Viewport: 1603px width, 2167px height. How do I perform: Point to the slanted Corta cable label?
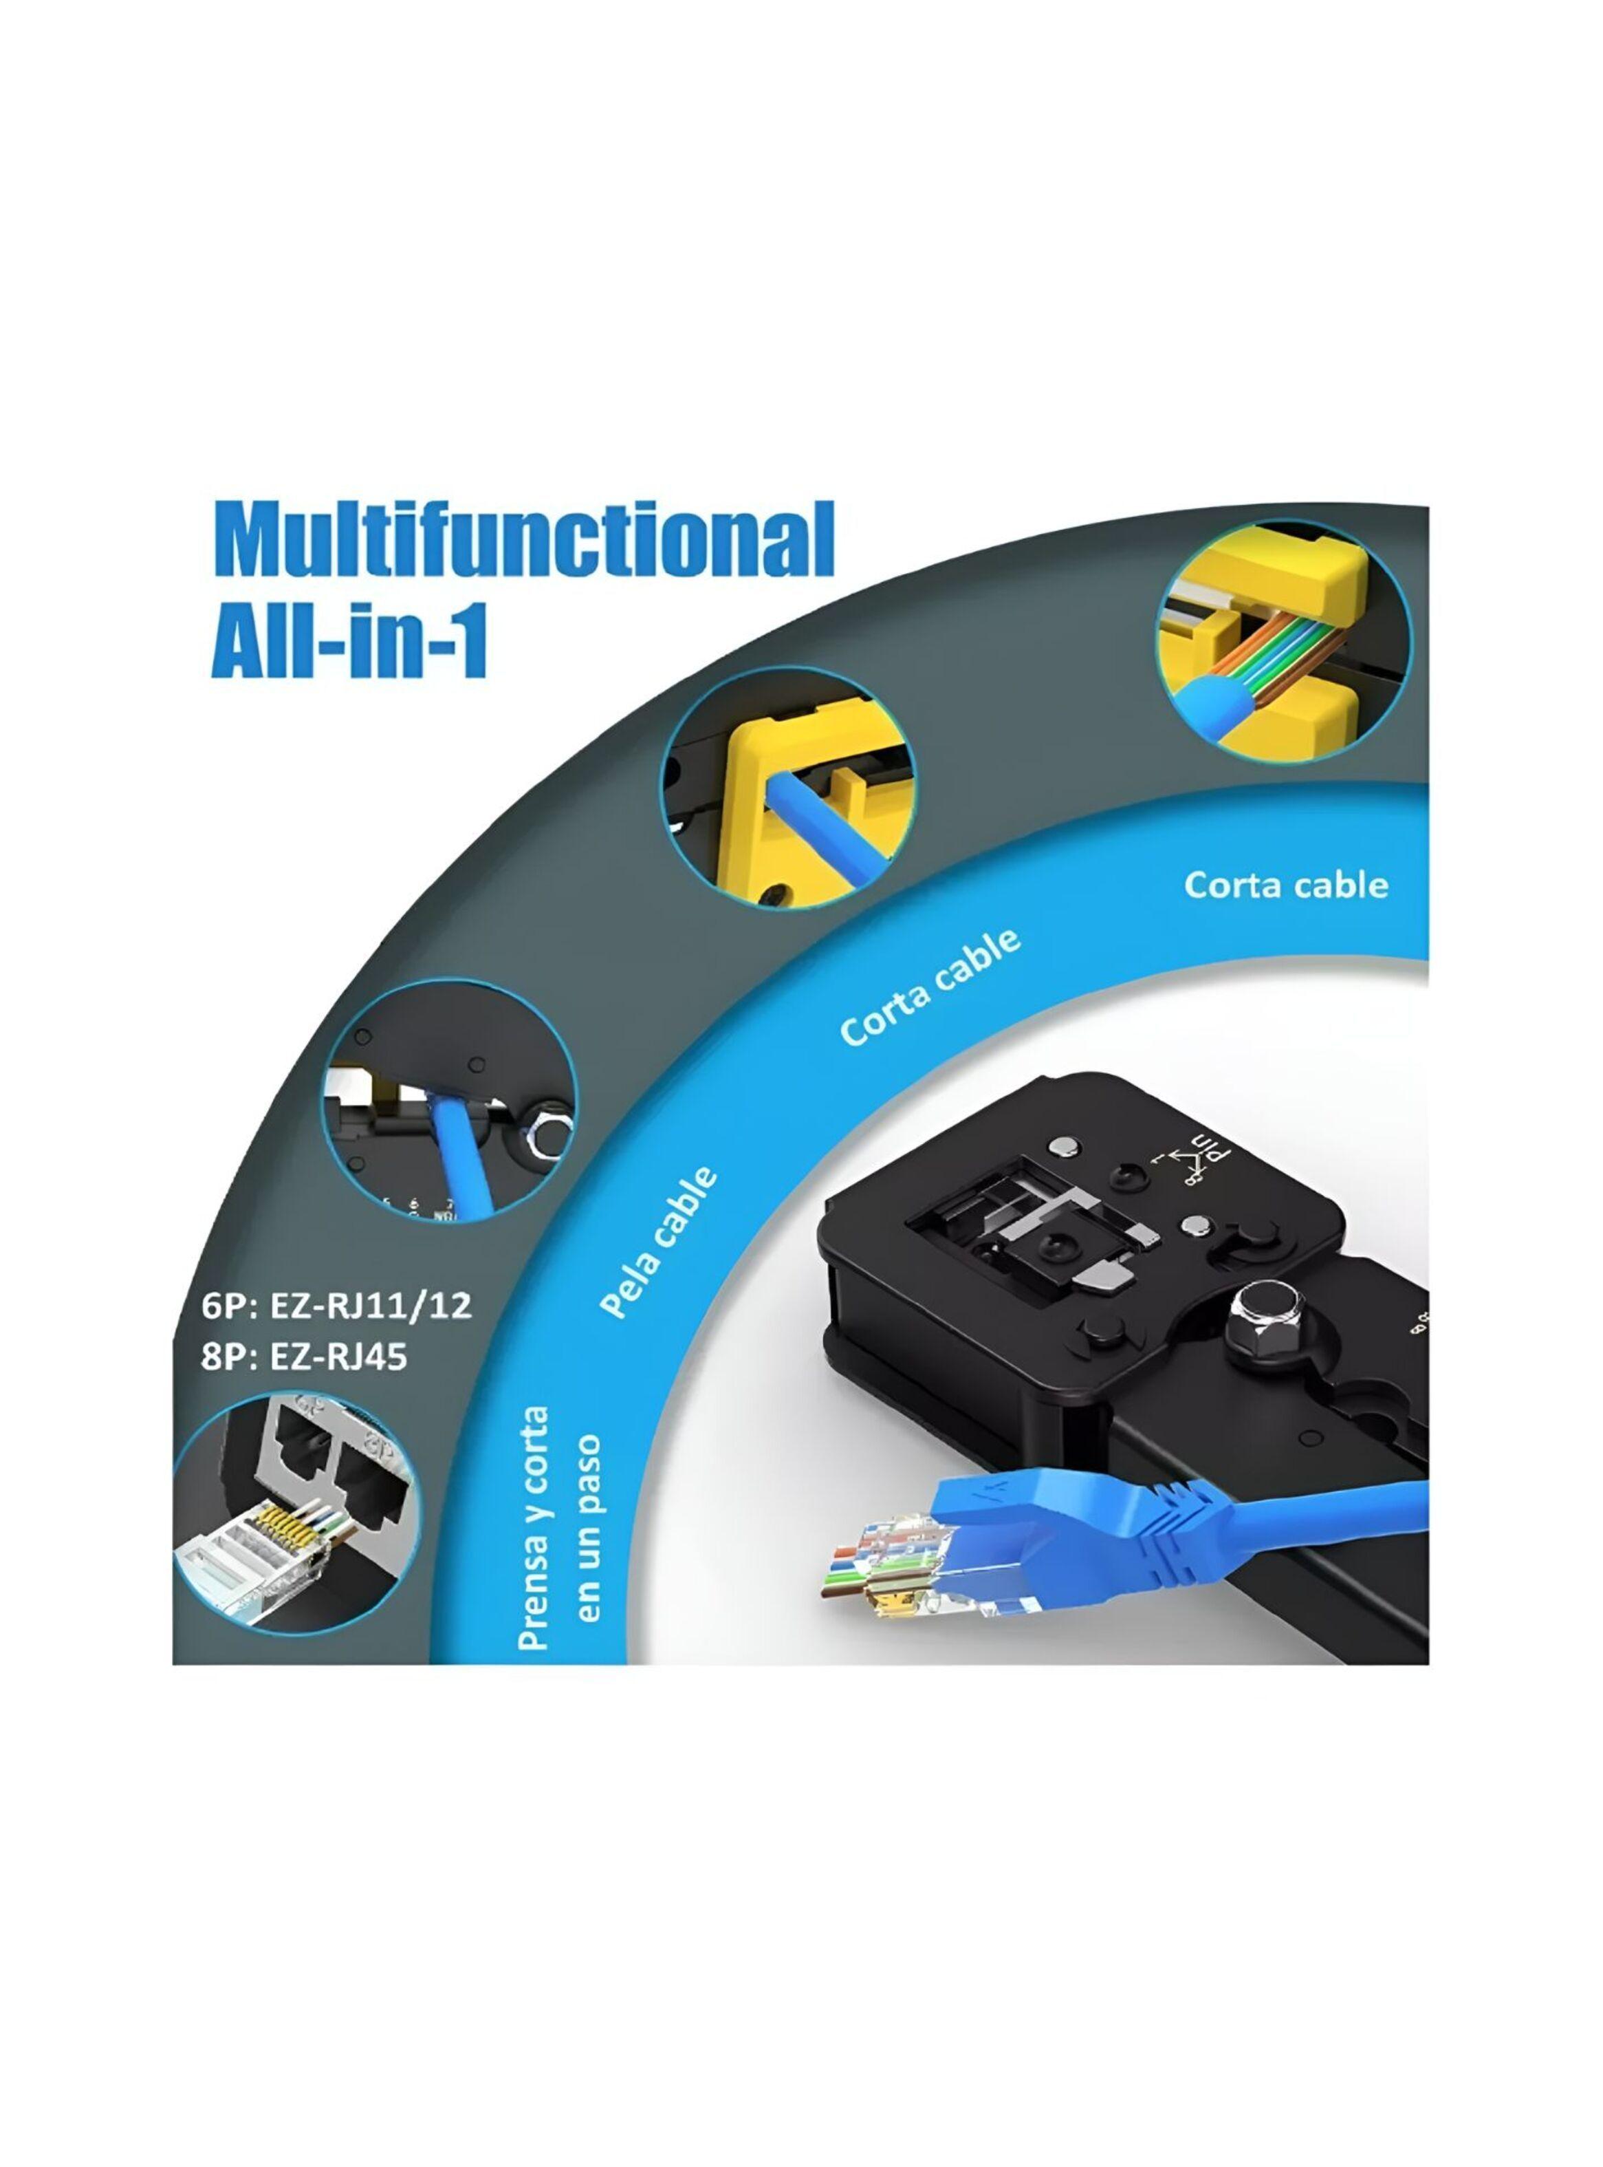coord(930,988)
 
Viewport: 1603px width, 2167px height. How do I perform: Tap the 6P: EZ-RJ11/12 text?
coord(337,1304)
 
